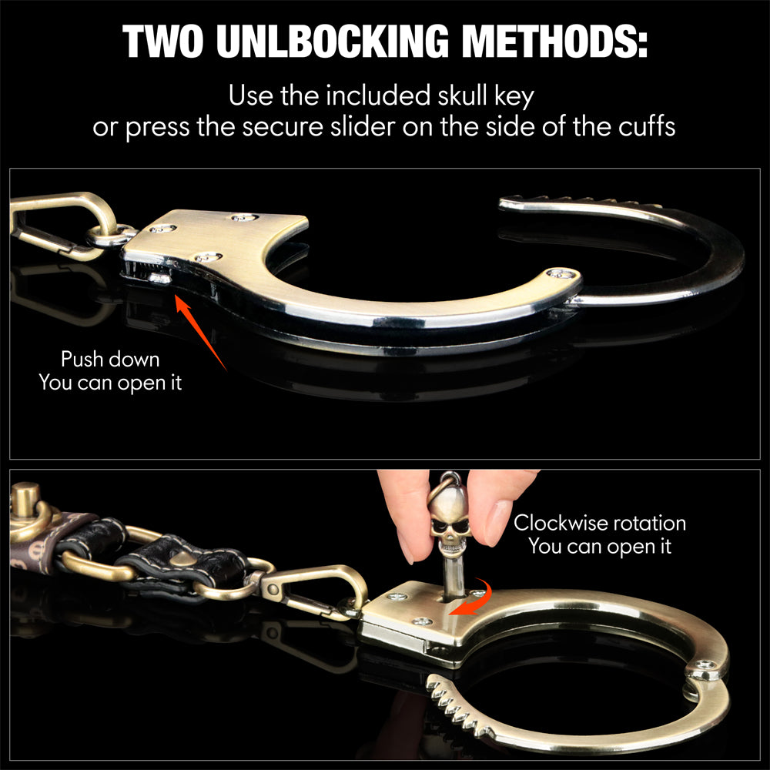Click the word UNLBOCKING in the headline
coord(333,42)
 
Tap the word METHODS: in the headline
coord(555,42)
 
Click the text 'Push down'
coord(110,360)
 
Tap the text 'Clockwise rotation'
coord(600,523)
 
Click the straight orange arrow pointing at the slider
coord(200,331)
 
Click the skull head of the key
coord(448,521)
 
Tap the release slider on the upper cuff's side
coord(159,279)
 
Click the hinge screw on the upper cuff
coord(563,273)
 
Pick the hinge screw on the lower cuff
coord(705,666)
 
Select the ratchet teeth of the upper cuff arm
coord(580,201)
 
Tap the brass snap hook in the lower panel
coord(314,591)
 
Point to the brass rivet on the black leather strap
coord(184,559)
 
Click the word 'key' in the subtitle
coord(514,96)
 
